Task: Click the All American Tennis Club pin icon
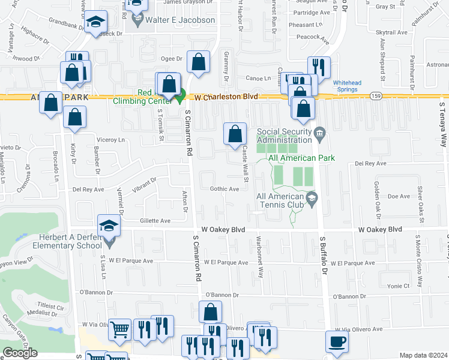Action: (x=312, y=198)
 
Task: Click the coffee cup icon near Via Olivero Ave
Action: (x=337, y=341)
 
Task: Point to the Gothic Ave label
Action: (x=225, y=189)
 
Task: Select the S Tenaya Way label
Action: (x=443, y=124)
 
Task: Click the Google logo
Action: (x=20, y=353)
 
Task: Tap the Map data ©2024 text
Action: (x=423, y=355)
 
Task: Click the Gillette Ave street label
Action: (x=155, y=221)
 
